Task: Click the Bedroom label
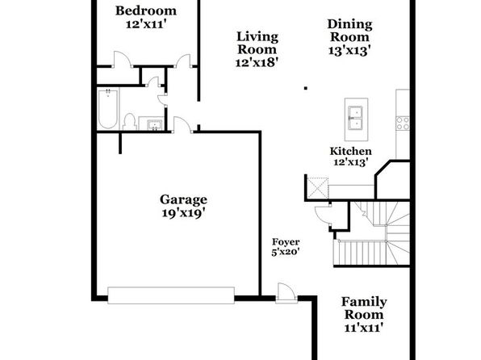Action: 146,10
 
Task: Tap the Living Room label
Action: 257,43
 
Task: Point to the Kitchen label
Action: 350,151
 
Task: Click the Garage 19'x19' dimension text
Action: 183,212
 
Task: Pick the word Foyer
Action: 286,242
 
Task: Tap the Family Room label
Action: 364,308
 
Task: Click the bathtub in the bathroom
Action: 107,109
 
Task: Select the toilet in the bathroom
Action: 129,122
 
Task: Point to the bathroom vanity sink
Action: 154,125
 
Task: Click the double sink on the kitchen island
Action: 355,118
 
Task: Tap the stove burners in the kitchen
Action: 403,123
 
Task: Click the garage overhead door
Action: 171,295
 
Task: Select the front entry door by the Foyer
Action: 287,293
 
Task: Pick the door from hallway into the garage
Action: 183,125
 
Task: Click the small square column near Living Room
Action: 306,89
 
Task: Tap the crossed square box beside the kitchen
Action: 318,188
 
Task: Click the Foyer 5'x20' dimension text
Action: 285,252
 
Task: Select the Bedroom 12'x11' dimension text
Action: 146,24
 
